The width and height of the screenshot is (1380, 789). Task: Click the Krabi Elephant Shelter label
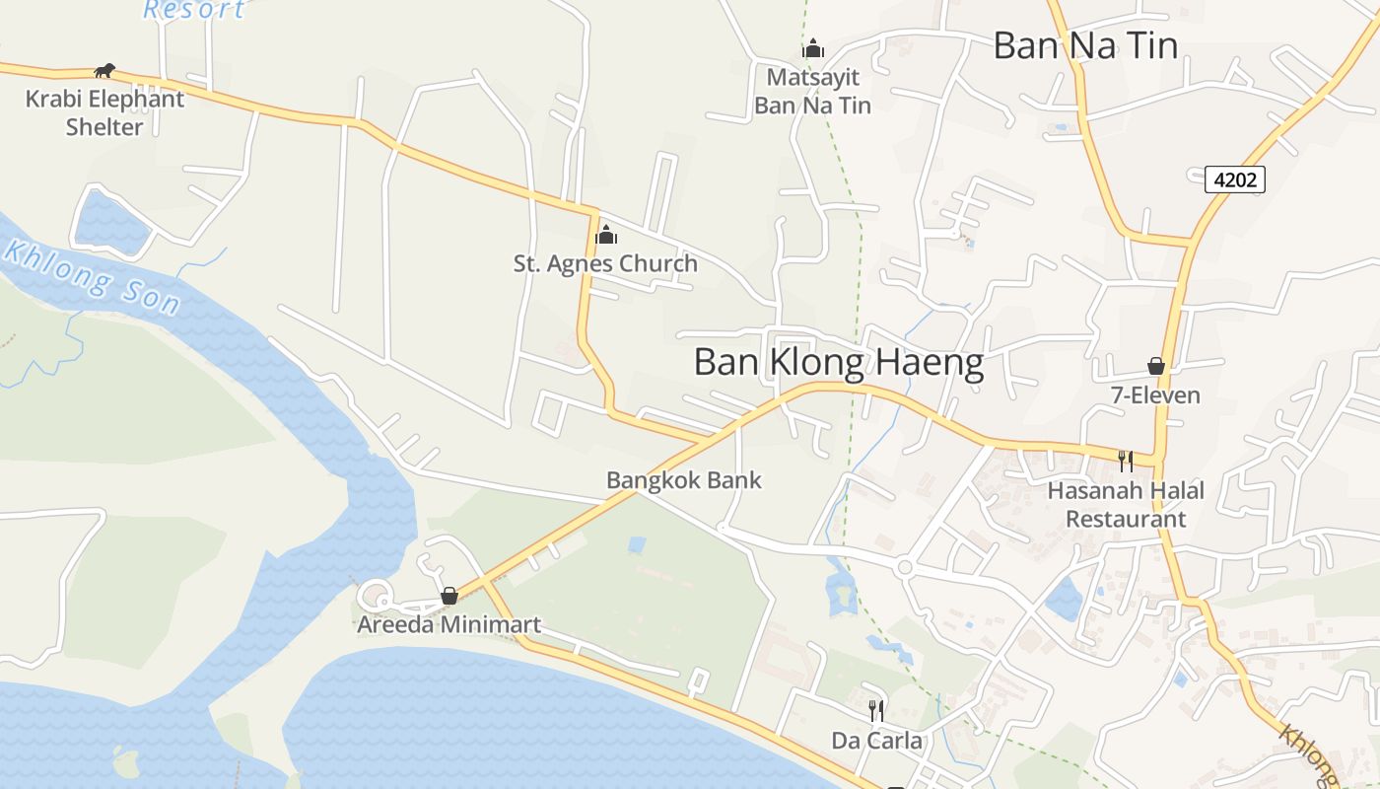pos(104,112)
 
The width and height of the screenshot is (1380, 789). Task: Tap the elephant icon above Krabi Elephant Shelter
pos(104,70)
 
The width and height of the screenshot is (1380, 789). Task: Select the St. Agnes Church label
pos(605,263)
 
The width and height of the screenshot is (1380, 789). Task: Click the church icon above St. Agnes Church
pos(606,235)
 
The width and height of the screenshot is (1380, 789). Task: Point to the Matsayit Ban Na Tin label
pos(813,91)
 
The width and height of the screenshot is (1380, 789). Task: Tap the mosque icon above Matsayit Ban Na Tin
pos(813,47)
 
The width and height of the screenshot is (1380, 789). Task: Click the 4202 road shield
pos(1235,179)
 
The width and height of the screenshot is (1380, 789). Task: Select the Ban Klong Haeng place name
pos(839,362)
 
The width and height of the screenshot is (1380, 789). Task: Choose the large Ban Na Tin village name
pos(1085,45)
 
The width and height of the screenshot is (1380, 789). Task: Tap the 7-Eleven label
pos(1155,395)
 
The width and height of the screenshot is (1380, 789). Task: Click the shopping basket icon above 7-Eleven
pos(1156,366)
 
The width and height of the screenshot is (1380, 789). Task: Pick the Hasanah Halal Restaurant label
pos(1126,504)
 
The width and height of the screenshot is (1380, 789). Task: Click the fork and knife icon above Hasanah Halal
pos(1125,460)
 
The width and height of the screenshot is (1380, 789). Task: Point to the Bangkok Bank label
pos(684,480)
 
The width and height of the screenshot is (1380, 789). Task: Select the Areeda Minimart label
pos(448,624)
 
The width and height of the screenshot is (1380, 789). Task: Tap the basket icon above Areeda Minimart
pos(449,596)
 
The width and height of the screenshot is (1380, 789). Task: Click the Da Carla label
pos(877,740)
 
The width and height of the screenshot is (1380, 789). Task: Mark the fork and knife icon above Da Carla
pos(876,709)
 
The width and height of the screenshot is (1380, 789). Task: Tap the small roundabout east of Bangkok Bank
pos(904,567)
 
